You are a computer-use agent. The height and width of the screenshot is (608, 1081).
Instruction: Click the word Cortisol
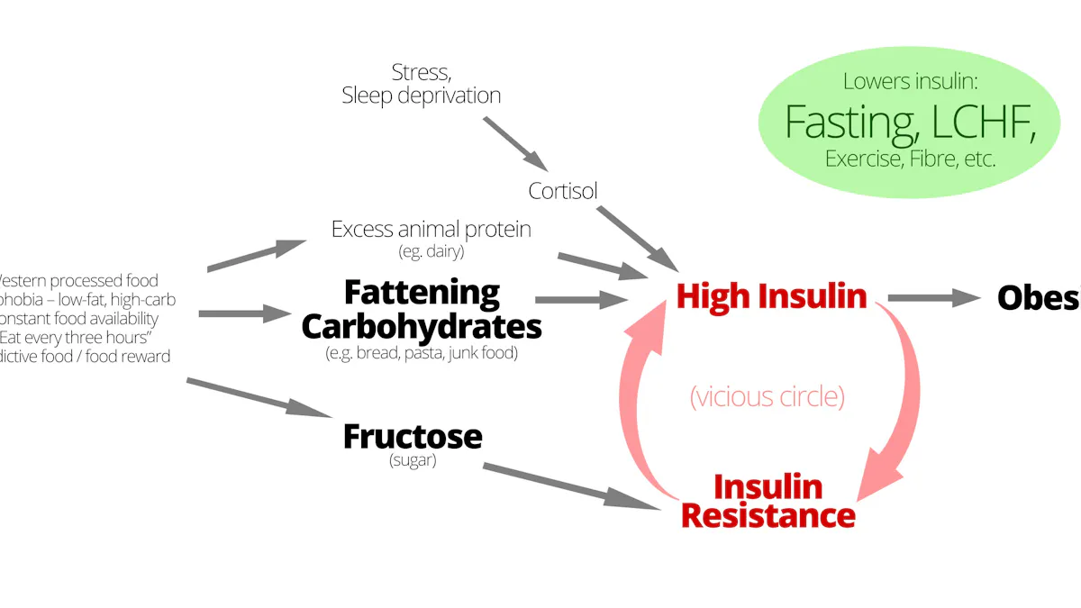click(x=563, y=191)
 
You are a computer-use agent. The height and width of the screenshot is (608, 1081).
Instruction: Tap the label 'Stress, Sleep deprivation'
click(x=421, y=83)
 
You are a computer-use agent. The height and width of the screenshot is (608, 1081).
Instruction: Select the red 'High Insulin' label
click(x=771, y=296)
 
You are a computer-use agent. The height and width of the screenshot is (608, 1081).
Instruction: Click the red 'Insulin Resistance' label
click(x=768, y=501)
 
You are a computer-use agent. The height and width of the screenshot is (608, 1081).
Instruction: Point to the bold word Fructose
click(x=413, y=437)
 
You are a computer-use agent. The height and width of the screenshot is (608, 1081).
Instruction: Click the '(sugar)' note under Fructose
click(x=413, y=461)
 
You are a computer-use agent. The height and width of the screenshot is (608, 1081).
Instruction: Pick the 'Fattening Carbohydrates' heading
click(x=422, y=309)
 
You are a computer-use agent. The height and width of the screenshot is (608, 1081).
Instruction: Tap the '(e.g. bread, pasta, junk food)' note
click(x=422, y=353)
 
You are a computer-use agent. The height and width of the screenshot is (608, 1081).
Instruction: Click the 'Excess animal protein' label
click(x=431, y=229)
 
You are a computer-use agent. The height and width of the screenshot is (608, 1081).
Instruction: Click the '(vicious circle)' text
click(x=768, y=397)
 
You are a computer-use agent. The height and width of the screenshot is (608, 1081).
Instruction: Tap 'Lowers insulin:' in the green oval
click(x=910, y=81)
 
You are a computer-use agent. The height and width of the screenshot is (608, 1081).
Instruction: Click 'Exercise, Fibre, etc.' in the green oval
click(x=910, y=159)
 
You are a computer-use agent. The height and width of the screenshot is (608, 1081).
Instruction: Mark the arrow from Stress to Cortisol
click(x=515, y=144)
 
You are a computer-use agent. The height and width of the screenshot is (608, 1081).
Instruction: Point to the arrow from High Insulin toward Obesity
click(x=933, y=298)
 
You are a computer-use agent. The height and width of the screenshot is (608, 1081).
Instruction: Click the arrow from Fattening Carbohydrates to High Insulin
click(x=581, y=300)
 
